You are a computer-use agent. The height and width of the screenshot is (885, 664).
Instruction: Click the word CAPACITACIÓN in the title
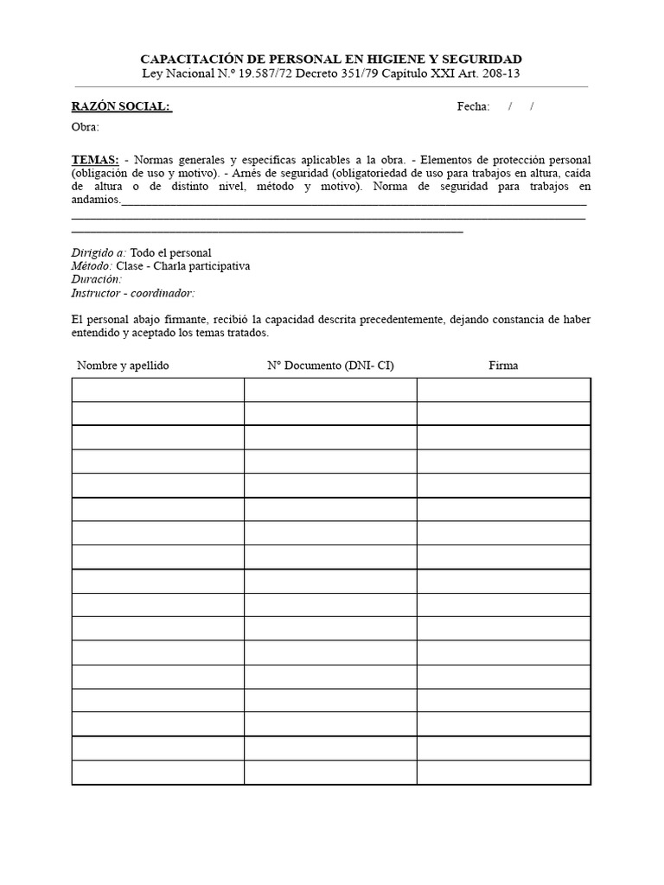[x=189, y=59]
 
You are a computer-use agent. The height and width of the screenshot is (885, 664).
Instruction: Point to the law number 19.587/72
[x=257, y=73]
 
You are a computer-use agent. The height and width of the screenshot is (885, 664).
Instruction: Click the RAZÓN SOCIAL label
[x=121, y=106]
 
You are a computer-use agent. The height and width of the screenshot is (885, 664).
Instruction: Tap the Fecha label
[x=473, y=106]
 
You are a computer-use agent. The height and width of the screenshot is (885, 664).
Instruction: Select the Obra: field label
[x=85, y=128]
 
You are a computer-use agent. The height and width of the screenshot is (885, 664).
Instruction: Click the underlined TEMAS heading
[x=95, y=161]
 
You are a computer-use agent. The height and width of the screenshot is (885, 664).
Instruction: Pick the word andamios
[x=96, y=200]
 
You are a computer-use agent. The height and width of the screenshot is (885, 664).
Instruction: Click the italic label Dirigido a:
[x=99, y=252]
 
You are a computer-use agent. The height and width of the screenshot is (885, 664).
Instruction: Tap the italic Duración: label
[x=96, y=279]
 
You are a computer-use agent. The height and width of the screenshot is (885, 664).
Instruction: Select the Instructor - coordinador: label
[x=133, y=293]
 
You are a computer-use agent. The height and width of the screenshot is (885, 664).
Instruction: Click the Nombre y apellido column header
[x=123, y=366]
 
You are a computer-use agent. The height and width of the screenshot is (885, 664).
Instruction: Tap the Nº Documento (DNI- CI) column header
[x=330, y=366]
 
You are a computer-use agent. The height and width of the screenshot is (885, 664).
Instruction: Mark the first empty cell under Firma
[x=503, y=390]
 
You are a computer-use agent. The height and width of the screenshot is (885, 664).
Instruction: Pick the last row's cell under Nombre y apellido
[x=157, y=772]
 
